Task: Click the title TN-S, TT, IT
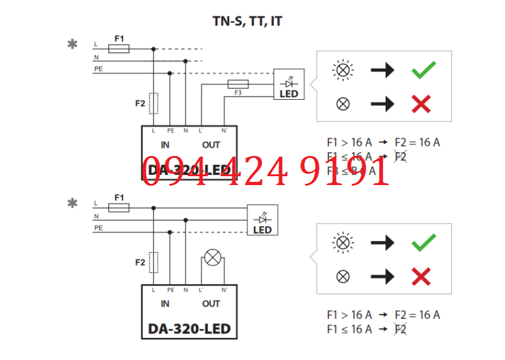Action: pyautogui.click(x=247, y=21)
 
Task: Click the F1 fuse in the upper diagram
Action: pyautogui.click(x=119, y=49)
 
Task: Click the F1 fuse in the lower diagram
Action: pyautogui.click(x=119, y=208)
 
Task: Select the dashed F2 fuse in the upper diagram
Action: pyautogui.click(x=153, y=103)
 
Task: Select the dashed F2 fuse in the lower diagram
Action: pyautogui.click(x=153, y=261)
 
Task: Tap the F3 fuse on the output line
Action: pyautogui.click(x=237, y=84)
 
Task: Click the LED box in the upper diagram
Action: pyautogui.click(x=288, y=85)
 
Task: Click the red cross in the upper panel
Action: pyautogui.click(x=421, y=104)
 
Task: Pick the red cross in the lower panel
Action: pyautogui.click(x=421, y=276)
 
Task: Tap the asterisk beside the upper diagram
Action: pyautogui.click(x=73, y=44)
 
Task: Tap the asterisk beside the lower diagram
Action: pyautogui.click(x=73, y=203)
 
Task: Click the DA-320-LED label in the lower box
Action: pyautogui.click(x=189, y=329)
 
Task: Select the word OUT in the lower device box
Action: pyautogui.click(x=211, y=304)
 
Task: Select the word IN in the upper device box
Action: pyautogui.click(x=165, y=145)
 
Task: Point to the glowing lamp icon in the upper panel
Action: pyautogui.click(x=343, y=70)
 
